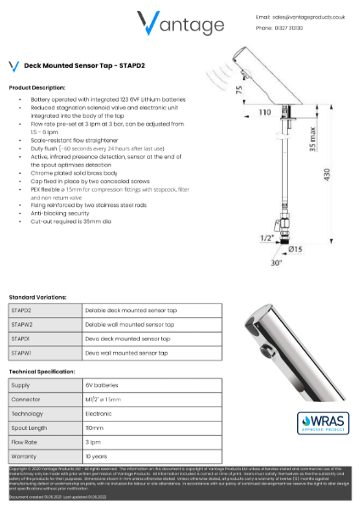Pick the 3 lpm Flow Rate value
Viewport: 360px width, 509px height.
tap(93, 441)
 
